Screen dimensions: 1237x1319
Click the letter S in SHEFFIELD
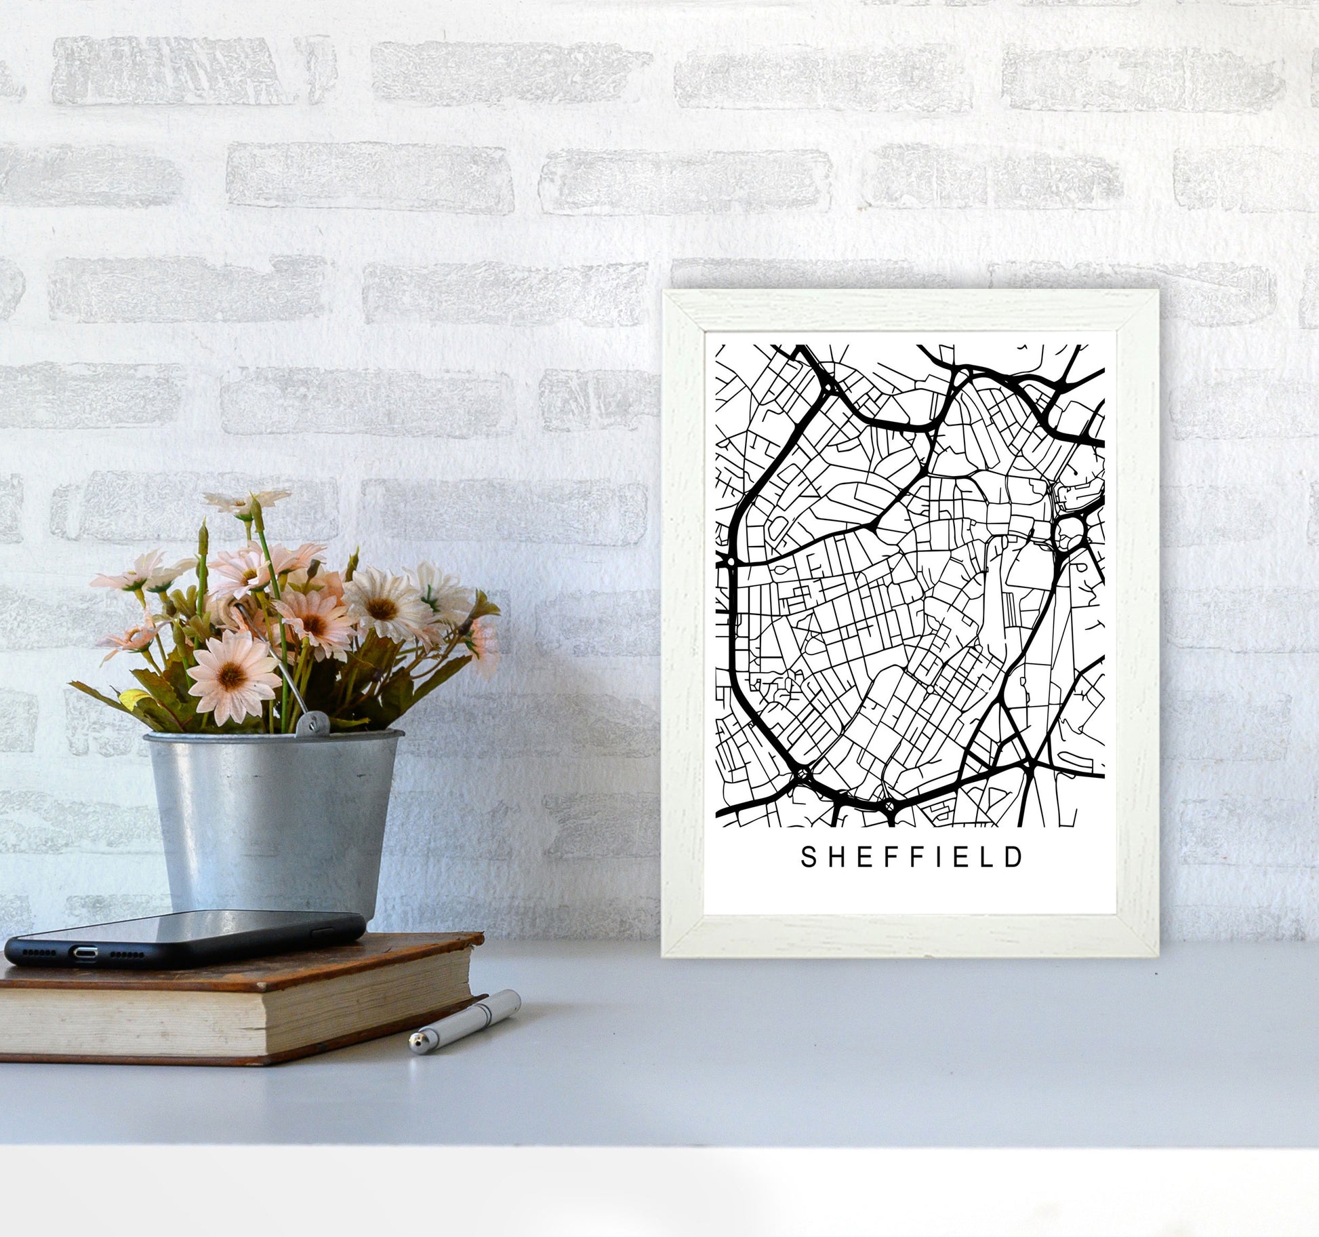coord(808,858)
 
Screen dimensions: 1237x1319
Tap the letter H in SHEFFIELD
coord(835,858)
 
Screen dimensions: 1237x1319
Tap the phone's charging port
coord(85,952)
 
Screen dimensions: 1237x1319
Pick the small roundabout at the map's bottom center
coord(889,806)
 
